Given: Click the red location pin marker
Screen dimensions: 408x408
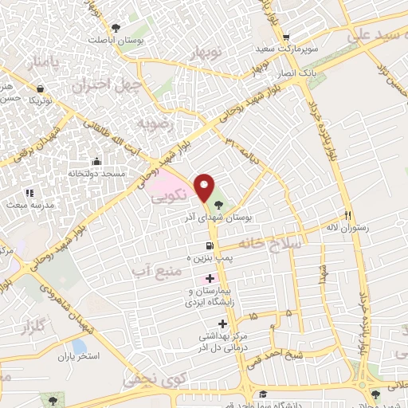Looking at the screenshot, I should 205,186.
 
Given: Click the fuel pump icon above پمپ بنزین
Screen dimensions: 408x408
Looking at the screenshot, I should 209,246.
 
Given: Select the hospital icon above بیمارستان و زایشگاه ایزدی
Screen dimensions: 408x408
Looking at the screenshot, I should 210,278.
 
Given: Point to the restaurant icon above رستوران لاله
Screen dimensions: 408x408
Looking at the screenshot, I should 347,215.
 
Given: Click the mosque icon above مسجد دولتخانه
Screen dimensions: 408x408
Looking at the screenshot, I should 96,161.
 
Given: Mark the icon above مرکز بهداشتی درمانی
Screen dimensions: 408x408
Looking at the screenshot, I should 222,324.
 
